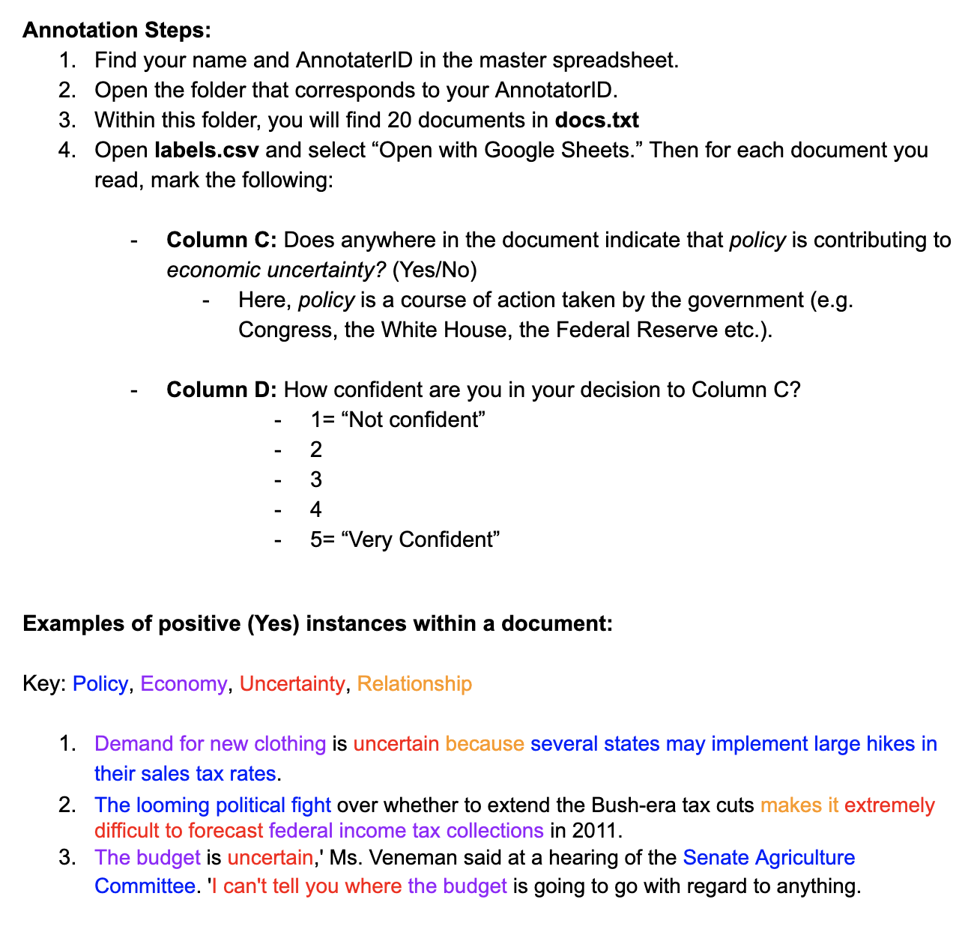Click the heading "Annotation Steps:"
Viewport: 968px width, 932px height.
[x=117, y=31]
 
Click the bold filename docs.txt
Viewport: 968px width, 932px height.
[x=597, y=120]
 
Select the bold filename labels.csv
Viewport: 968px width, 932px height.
[x=207, y=150]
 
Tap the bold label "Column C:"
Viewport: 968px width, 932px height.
[x=222, y=240]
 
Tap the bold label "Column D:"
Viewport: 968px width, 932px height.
[x=222, y=390]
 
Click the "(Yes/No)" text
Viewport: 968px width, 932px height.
[x=435, y=270]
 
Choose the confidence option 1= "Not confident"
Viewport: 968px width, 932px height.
[x=398, y=420]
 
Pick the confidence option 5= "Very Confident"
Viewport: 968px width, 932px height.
[x=405, y=539]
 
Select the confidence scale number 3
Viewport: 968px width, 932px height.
[x=316, y=479]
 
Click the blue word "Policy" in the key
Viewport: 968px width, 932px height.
[x=100, y=684]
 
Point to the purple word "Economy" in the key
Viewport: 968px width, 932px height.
[x=184, y=684]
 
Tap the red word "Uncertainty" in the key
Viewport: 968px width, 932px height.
[x=292, y=684]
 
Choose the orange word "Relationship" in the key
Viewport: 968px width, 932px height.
[x=414, y=684]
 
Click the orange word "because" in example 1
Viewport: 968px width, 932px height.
[x=485, y=744]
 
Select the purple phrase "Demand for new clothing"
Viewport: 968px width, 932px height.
[x=210, y=744]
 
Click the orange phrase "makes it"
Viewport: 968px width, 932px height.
[x=799, y=805]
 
